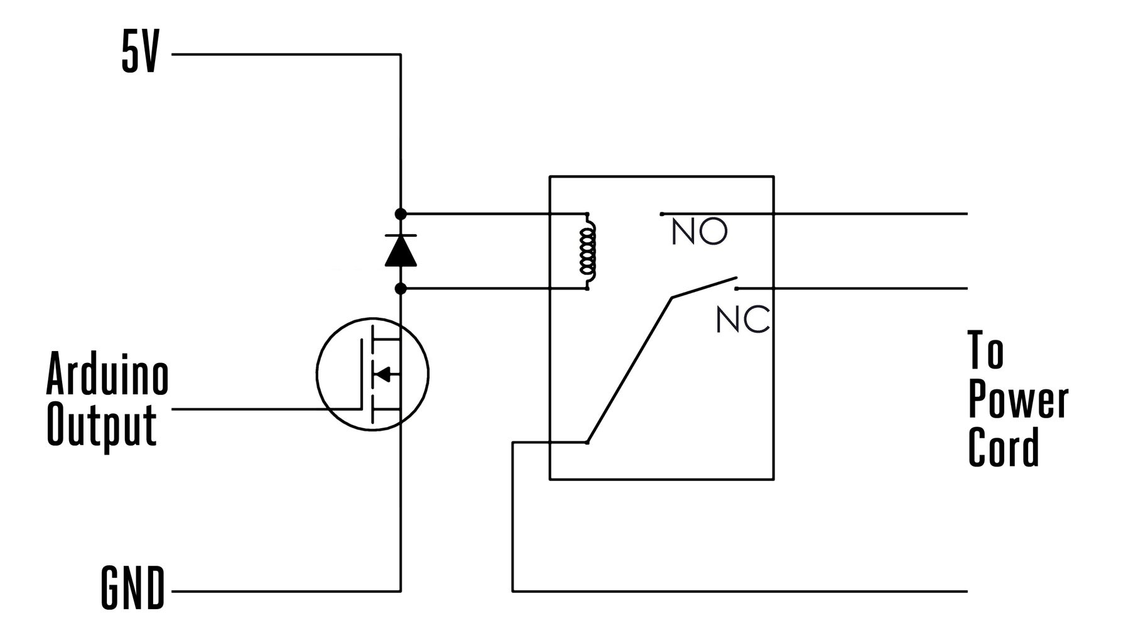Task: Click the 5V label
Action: click(141, 55)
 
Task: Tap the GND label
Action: click(133, 588)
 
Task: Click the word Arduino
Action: click(107, 375)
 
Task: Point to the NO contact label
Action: click(699, 232)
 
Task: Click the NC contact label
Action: click(742, 321)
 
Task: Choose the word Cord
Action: click(1004, 447)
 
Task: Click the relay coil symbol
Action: click(588, 251)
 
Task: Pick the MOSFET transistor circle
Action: click(372, 374)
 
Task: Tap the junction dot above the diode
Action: click(401, 214)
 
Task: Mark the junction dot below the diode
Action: click(401, 289)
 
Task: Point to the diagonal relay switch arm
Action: click(628, 370)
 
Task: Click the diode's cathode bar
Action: click(401, 236)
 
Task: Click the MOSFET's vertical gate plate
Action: click(362, 374)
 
